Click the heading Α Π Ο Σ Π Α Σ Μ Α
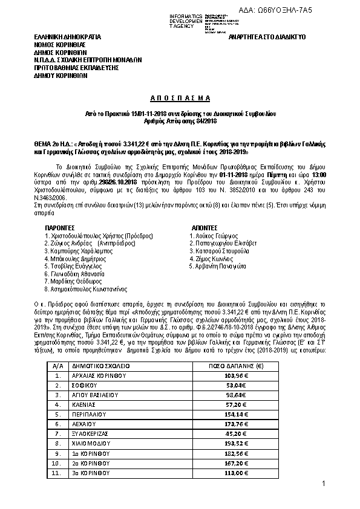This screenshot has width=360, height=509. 180,97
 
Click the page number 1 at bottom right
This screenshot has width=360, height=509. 324,484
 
